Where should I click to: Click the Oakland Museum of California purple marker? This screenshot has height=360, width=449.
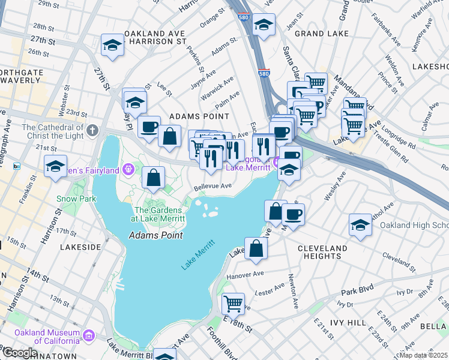pyautogui.click(x=89, y=334)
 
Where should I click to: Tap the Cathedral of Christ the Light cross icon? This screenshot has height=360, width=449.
pyautogui.click(x=92, y=130)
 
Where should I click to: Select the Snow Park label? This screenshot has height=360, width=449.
pyautogui.click(x=76, y=198)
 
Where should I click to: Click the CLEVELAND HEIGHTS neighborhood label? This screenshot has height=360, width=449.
pyautogui.click(x=322, y=252)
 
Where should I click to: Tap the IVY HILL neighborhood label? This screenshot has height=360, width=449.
pyautogui.click(x=348, y=323)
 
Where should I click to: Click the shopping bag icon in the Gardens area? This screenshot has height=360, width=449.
pyautogui.click(x=154, y=177)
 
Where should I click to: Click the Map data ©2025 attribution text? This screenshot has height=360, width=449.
pyautogui.click(x=423, y=355)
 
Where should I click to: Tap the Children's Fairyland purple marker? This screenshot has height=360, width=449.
pyautogui.click(x=127, y=170)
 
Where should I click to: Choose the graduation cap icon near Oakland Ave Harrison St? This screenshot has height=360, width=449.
pyautogui.click(x=112, y=44)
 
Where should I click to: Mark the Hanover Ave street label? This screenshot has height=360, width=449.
pyautogui.click(x=245, y=277)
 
